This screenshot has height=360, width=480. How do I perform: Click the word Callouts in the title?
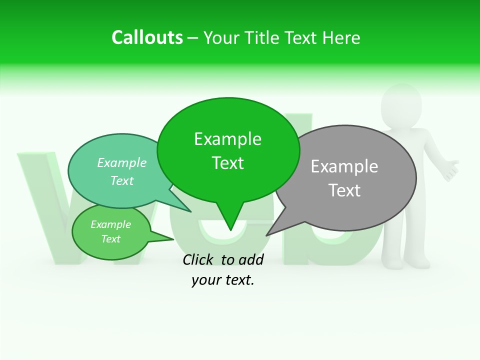[147, 37]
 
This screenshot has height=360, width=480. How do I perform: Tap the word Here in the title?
[341, 37]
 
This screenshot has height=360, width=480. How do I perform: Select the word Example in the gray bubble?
[344, 166]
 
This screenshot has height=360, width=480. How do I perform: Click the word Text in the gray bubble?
[344, 190]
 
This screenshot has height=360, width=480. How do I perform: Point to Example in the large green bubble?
[227, 139]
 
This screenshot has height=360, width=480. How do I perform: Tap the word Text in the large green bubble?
[227, 163]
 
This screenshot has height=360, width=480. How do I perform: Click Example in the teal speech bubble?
[122, 163]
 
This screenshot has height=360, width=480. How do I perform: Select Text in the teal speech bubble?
[122, 180]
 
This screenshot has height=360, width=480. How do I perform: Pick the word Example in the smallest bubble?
[111, 224]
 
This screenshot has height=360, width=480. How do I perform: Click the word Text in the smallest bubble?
[111, 239]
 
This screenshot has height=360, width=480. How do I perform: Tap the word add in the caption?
[250, 259]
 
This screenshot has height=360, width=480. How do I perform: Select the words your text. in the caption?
[223, 280]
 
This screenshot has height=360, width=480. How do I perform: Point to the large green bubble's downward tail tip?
[230, 230]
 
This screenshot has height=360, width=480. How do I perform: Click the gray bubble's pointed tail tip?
[266, 235]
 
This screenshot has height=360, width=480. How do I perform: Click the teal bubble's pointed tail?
[190, 211]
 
